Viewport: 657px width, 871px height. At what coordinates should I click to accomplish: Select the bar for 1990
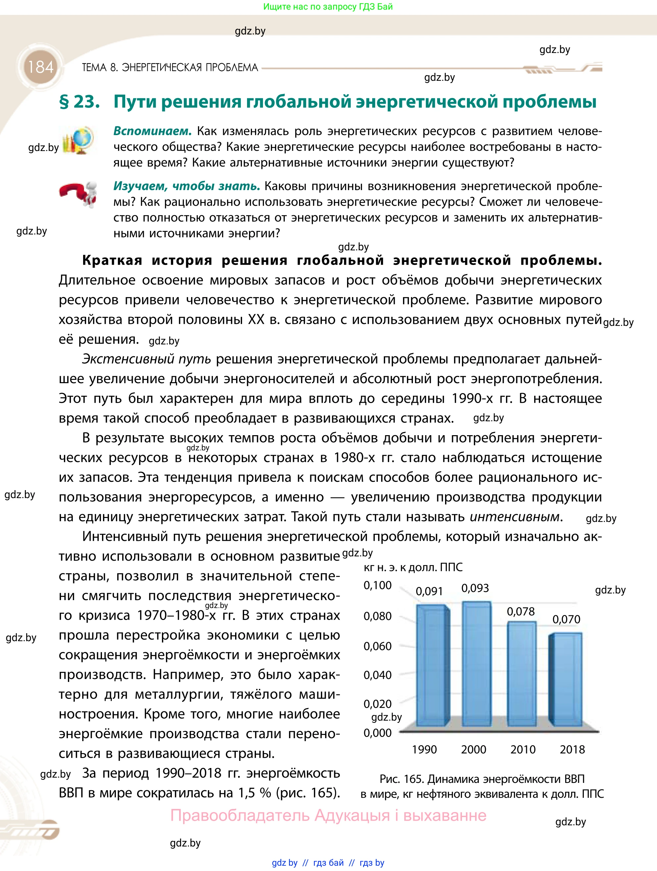pos(431,665)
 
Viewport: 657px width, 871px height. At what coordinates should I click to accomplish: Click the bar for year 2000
pos(476,663)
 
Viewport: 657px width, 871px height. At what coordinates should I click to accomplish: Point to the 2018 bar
pos(566,679)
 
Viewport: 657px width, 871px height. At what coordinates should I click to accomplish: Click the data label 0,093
pos(475,588)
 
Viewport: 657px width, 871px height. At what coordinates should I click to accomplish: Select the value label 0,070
pos(566,619)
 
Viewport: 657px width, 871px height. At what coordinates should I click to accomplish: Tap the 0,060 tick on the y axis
pos(378,646)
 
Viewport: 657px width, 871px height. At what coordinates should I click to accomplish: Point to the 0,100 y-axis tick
pos(378,586)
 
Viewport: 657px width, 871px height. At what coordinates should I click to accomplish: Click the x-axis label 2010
pos(523,749)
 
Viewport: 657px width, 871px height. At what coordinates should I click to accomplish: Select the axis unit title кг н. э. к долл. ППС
pos(413,567)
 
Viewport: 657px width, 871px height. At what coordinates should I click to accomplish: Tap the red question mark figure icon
pos(78,193)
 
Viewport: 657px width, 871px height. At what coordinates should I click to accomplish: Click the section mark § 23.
pos(79,102)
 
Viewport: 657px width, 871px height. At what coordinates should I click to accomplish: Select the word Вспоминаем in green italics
pos(152,131)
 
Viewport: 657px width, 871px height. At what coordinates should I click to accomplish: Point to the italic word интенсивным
pos(515,517)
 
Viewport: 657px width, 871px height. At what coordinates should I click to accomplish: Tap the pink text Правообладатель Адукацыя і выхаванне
pos(328,815)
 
